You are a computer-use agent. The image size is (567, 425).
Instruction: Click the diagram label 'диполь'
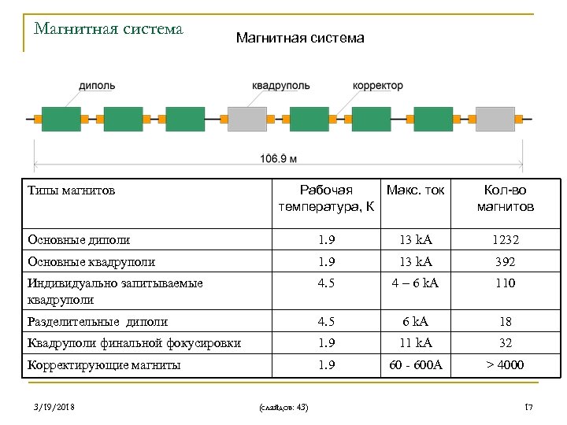[97, 85]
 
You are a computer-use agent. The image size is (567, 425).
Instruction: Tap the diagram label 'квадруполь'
[280, 85]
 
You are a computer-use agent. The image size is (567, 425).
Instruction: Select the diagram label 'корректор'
[377, 85]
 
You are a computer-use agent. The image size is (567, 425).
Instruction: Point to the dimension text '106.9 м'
[279, 158]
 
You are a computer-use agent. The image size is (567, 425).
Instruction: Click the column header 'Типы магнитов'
[71, 190]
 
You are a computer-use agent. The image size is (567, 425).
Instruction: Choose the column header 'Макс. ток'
[415, 190]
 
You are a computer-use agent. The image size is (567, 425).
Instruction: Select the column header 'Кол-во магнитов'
[505, 198]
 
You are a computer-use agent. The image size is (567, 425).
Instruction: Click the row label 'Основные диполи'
[78, 239]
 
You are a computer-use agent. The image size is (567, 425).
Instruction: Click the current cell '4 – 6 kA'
[415, 283]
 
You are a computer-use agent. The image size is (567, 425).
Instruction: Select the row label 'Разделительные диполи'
[97, 321]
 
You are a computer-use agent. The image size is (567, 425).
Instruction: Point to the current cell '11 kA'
[415, 342]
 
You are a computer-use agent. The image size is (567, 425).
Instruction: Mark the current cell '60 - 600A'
[415, 364]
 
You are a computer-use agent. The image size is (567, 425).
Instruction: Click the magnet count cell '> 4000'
[505, 364]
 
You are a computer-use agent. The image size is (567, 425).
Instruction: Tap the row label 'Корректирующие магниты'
[104, 364]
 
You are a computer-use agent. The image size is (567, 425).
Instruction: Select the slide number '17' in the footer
[529, 406]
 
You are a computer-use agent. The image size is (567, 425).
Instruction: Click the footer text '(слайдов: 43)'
[283, 406]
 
